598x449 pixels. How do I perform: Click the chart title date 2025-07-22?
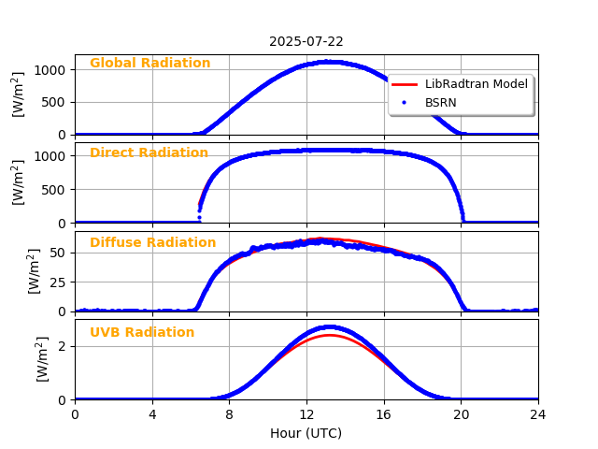tap(306, 41)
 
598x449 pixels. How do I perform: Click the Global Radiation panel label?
tap(149, 64)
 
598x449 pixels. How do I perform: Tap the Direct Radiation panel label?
tap(149, 153)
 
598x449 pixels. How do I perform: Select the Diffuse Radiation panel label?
tap(152, 243)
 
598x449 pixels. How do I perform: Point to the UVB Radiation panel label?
tap(142, 333)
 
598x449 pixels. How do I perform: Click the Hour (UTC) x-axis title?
tap(306, 433)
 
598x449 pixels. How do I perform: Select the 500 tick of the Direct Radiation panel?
tap(54, 190)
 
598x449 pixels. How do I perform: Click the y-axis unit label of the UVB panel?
tap(43, 359)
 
